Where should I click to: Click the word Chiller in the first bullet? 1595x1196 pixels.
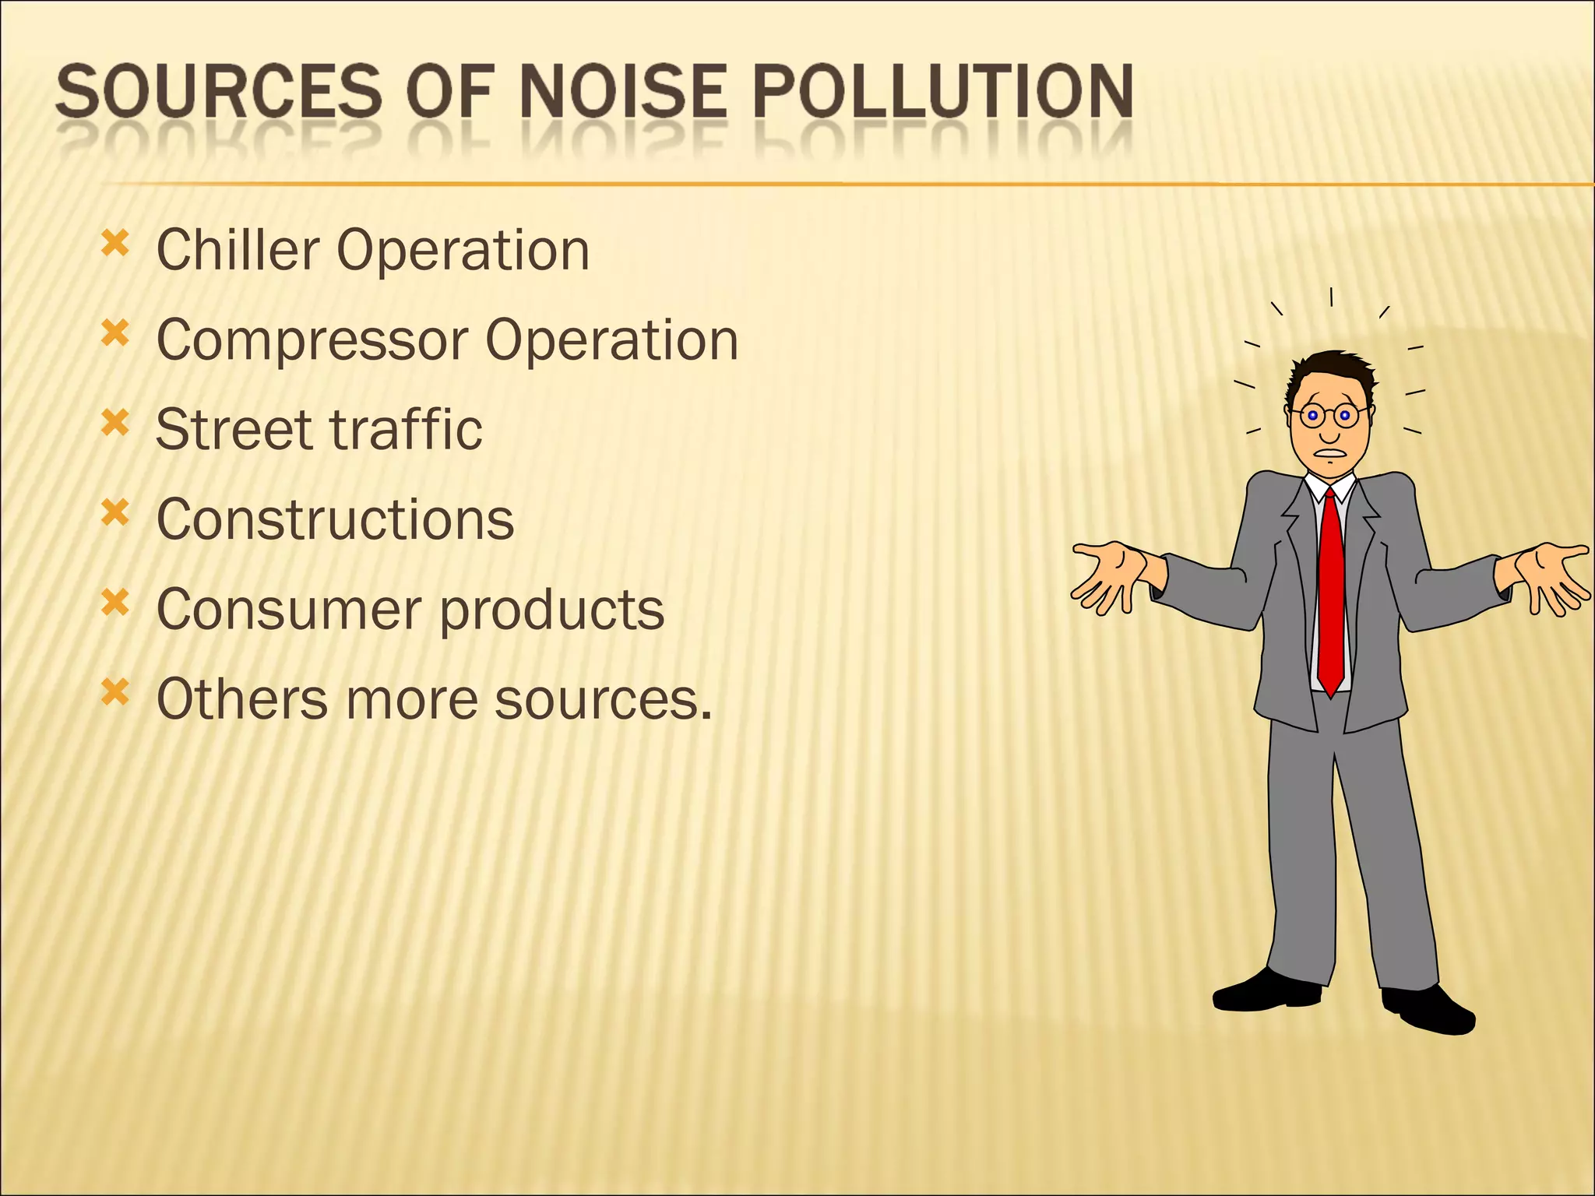[238, 250]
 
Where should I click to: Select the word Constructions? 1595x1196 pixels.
[335, 519]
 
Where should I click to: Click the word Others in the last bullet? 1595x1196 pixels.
[242, 698]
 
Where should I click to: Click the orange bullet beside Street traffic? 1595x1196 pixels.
[114, 423]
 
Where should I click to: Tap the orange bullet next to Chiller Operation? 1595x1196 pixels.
[114, 244]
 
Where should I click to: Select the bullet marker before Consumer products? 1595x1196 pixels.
[114, 602]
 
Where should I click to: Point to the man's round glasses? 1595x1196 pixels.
[1329, 415]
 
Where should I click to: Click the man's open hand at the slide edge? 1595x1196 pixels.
[1554, 576]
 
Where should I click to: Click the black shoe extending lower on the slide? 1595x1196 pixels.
[1429, 1011]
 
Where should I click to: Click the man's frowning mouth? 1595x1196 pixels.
[1329, 453]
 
